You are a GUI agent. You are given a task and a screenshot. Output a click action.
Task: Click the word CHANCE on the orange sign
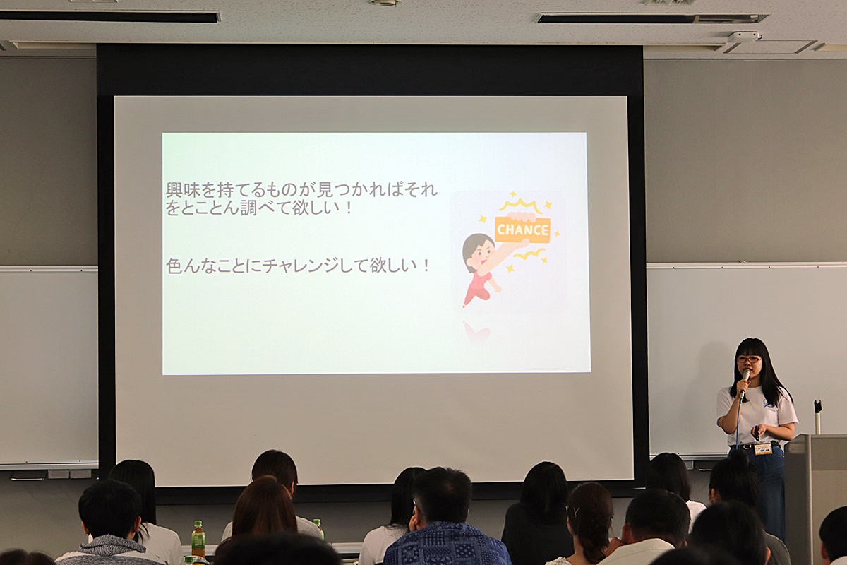click(x=522, y=230)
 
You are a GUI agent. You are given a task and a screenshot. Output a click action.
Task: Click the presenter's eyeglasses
click(x=748, y=359)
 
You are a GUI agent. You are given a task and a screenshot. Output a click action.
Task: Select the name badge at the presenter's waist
click(x=763, y=448)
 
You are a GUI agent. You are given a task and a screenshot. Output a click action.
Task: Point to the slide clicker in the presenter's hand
click(x=756, y=432)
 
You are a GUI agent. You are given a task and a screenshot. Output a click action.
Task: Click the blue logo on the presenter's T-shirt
click(x=768, y=403)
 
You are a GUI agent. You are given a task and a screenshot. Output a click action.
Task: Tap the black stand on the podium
click(x=818, y=416)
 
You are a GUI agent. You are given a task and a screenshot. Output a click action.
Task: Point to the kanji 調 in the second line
click(x=248, y=208)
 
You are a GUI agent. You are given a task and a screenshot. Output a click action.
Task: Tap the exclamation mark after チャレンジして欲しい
click(x=426, y=266)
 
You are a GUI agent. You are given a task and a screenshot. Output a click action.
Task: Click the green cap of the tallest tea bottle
click(x=198, y=524)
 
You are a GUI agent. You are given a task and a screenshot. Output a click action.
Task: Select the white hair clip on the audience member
click(x=576, y=511)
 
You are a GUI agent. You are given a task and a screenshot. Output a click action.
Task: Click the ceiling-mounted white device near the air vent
click(x=743, y=37)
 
